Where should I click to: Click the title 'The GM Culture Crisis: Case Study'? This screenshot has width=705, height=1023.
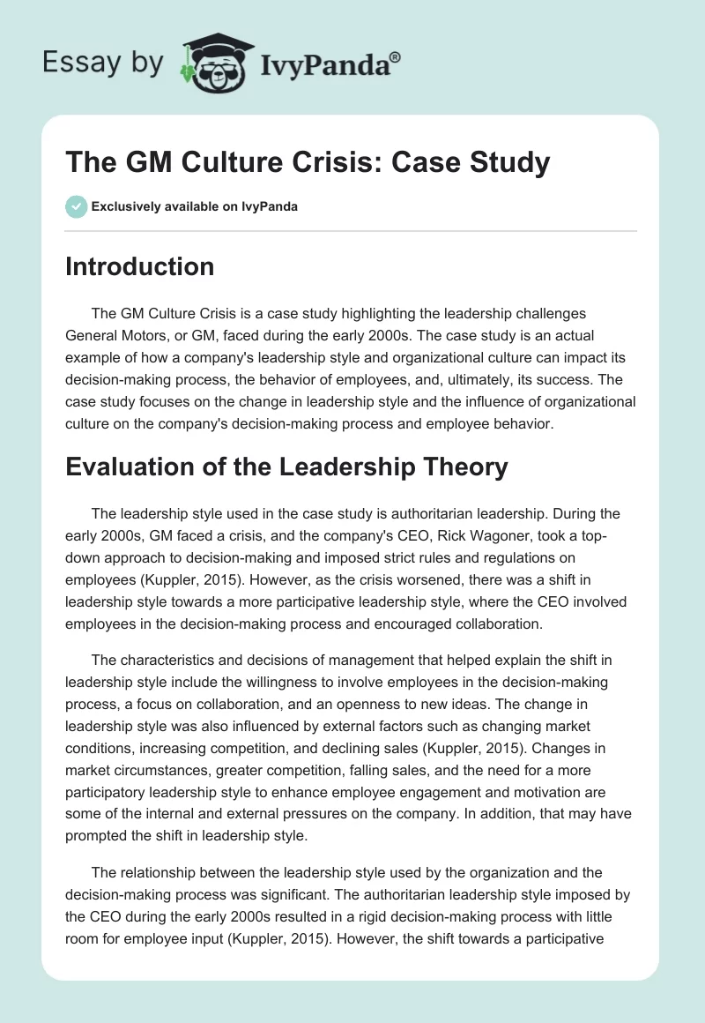tap(308, 162)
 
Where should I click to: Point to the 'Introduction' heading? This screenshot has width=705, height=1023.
tap(139, 266)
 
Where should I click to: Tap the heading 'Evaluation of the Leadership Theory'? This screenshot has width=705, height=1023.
tap(286, 467)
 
